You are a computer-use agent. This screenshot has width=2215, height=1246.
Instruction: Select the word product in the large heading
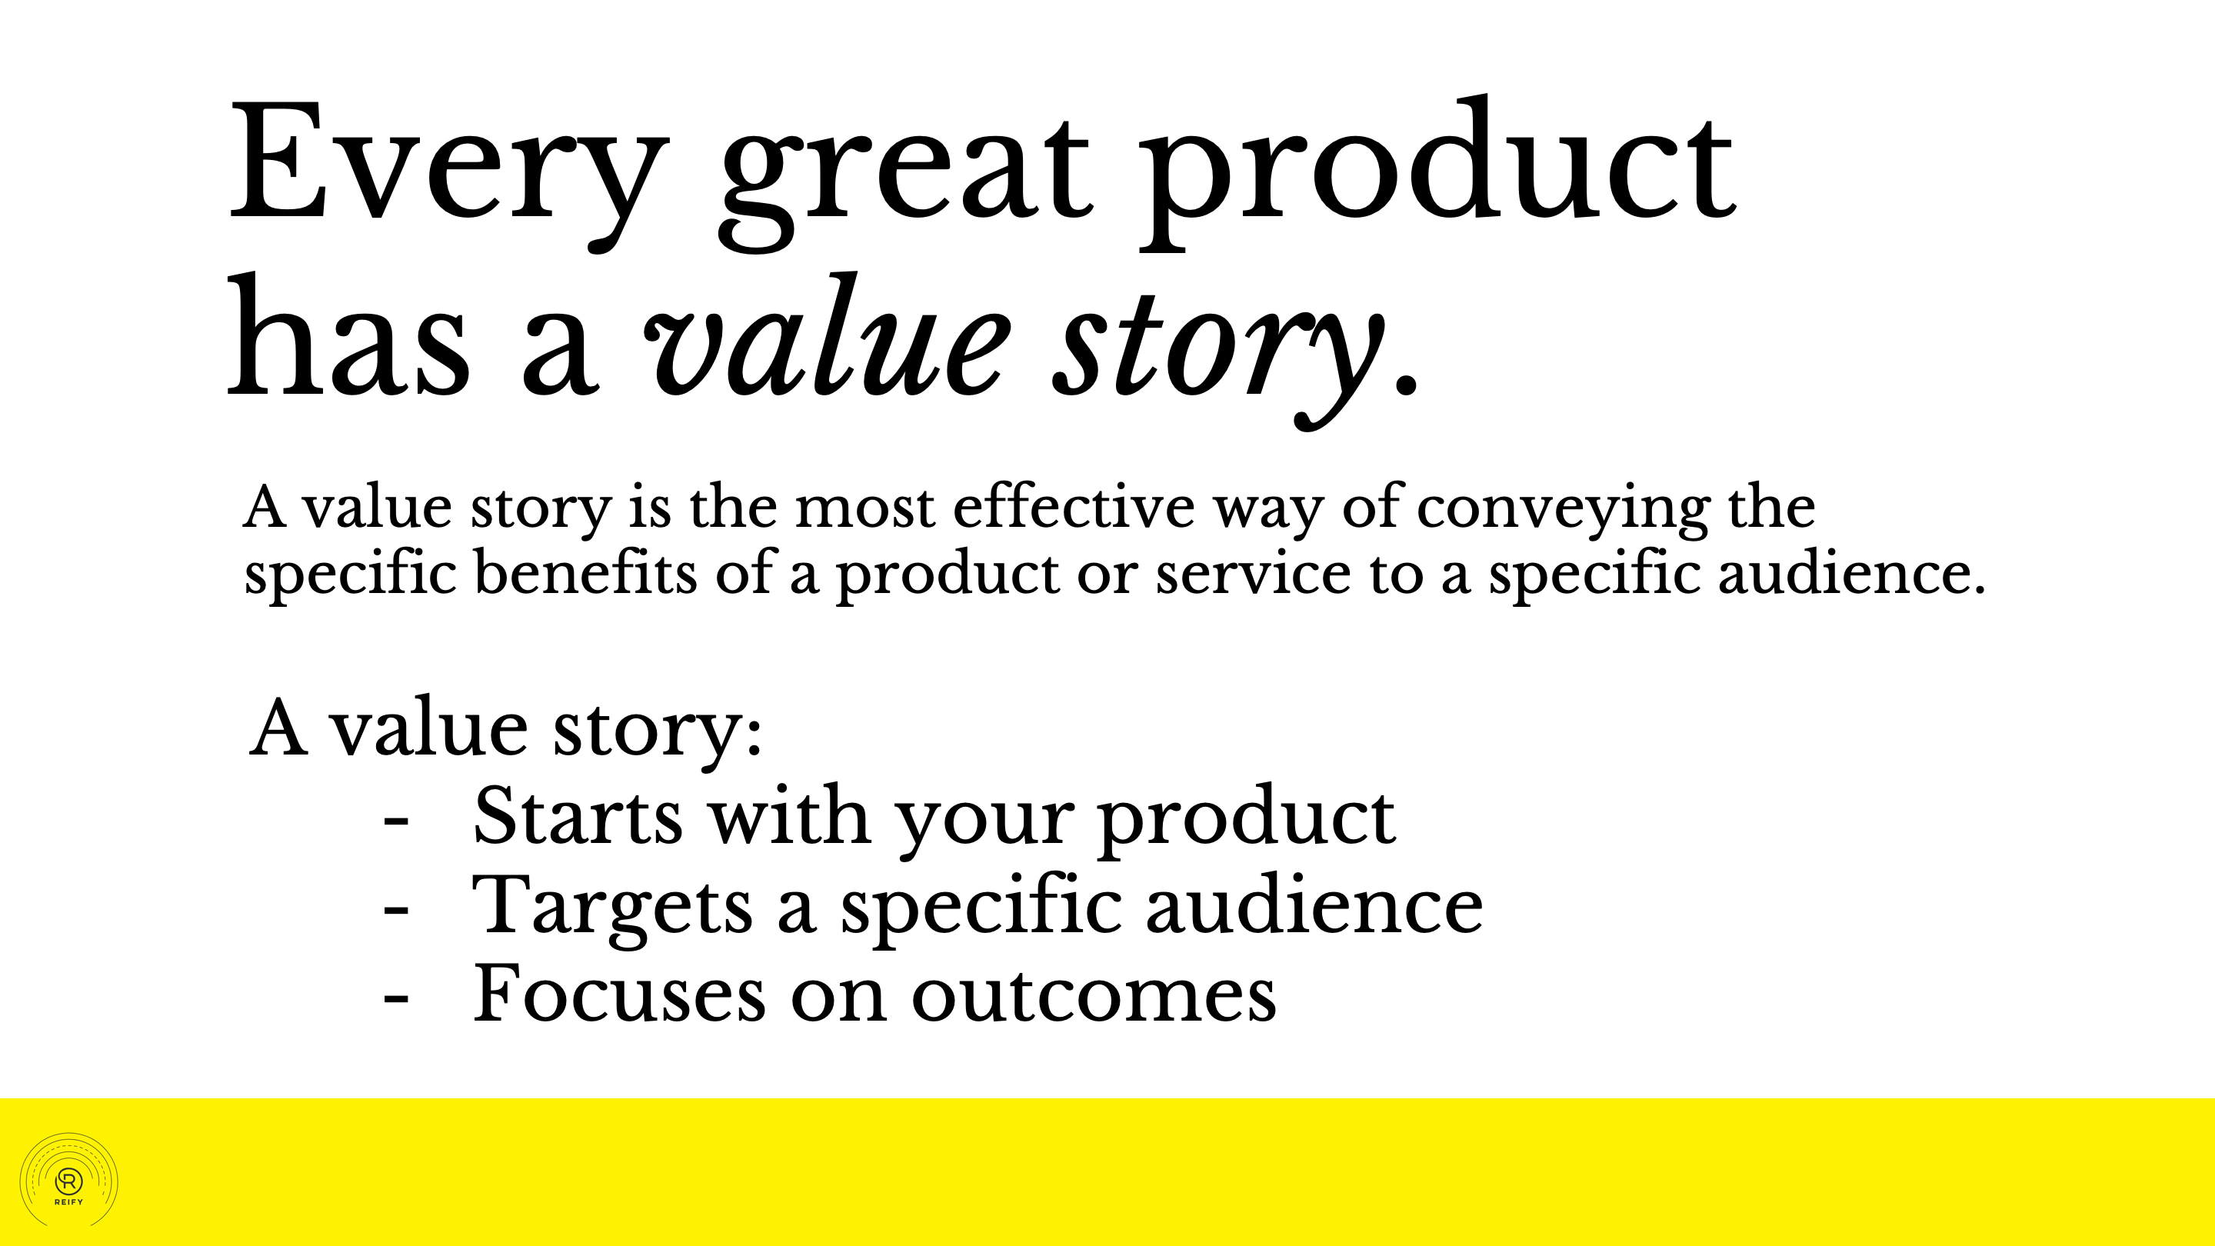1438,172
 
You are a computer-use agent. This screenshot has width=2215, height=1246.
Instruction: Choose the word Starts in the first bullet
577,815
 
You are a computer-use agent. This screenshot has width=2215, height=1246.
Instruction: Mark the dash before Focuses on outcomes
395,1001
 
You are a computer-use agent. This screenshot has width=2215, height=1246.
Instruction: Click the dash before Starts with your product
395,824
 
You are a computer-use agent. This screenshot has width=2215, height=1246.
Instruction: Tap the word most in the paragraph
864,509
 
